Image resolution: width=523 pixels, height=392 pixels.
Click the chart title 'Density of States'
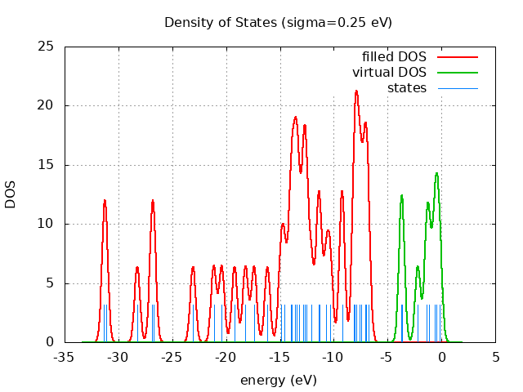(278, 22)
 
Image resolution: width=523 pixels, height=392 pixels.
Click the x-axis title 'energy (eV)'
(278, 381)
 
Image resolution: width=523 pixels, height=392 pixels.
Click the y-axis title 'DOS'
(11, 194)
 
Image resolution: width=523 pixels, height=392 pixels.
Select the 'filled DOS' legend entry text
(394, 56)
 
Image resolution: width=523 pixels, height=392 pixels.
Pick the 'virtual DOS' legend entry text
(390, 72)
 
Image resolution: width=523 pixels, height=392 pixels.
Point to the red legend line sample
(458, 56)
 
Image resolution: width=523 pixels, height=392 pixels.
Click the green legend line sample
(458, 72)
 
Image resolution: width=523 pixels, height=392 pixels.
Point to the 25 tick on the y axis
(47, 47)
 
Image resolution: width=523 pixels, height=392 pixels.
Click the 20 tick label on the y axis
(47, 105)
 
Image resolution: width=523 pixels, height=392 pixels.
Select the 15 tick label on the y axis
(47, 165)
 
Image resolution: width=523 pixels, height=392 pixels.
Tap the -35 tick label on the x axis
(65, 357)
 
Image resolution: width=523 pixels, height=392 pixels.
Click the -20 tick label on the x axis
(226, 357)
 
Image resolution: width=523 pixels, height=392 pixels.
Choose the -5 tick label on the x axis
(387, 357)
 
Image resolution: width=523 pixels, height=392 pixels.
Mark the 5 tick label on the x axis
(495, 357)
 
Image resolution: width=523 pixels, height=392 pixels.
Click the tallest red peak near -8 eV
(356, 91)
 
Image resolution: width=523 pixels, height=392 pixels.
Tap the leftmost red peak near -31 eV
(105, 200)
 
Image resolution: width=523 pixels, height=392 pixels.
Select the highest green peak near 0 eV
(437, 173)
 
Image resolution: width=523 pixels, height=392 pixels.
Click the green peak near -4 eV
(401, 195)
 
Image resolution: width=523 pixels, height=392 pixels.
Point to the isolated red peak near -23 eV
(193, 267)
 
